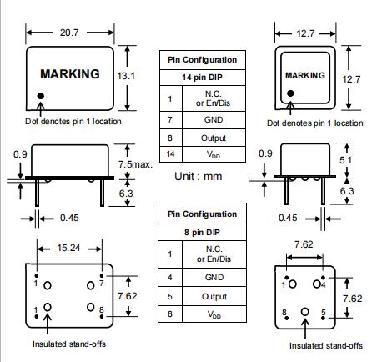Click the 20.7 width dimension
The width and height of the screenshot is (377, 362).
[69, 33]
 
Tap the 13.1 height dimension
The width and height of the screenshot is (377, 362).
[126, 76]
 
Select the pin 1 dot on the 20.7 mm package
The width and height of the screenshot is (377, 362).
[41, 96]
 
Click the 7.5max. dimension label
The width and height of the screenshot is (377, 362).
[136, 164]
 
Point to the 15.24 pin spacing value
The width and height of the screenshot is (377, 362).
[68, 248]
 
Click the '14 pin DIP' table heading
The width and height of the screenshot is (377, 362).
[202, 77]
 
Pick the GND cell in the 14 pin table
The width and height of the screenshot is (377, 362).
[214, 120]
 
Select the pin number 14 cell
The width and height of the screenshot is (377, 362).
[170, 154]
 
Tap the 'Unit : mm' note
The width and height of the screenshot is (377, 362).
[199, 176]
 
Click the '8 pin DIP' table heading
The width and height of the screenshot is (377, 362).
[202, 232]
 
